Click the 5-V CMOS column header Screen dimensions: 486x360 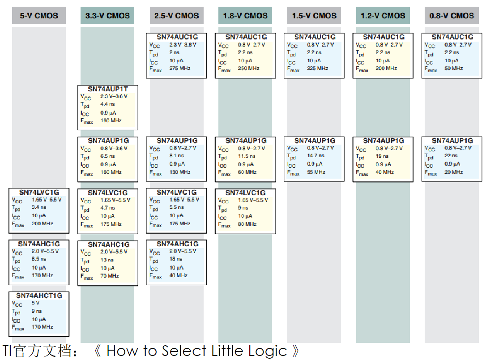tap(39, 16)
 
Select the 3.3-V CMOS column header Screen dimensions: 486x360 tap(107, 16)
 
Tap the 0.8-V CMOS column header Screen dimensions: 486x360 tap(452, 16)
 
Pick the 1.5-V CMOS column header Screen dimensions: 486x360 tap(314, 16)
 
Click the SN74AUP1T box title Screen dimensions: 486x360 tap(108, 89)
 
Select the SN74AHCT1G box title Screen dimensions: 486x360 tap(39, 296)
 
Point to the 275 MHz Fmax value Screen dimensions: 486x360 tap(180, 69)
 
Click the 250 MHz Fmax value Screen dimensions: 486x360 tap(248, 69)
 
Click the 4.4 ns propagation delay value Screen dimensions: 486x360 tap(107, 104)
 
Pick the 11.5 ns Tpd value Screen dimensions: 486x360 tap(247, 156)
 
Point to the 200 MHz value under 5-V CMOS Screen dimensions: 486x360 tap(42, 223)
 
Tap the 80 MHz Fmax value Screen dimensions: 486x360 tap(247, 224)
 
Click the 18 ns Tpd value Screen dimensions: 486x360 tap(176, 259)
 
